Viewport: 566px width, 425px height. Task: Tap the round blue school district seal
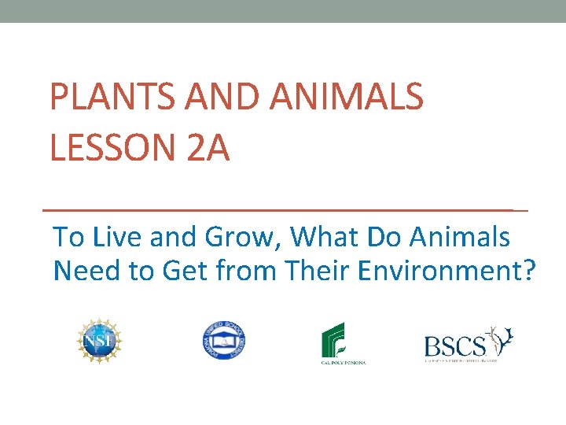click(x=223, y=341)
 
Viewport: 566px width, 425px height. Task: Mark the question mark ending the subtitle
click(x=528, y=271)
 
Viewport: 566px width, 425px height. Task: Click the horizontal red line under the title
click(x=283, y=210)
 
